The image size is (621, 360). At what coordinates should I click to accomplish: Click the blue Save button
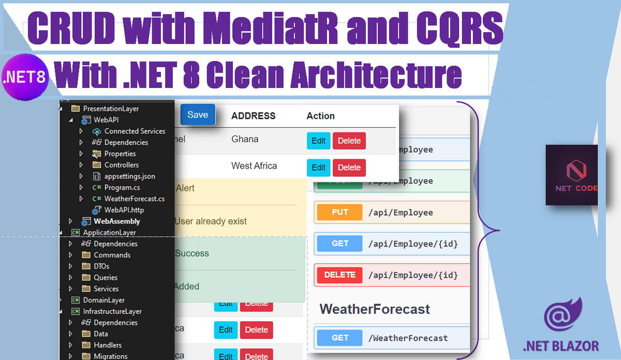(x=198, y=115)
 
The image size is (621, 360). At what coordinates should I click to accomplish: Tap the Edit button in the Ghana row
(x=318, y=141)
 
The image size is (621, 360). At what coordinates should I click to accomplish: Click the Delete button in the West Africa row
(x=349, y=168)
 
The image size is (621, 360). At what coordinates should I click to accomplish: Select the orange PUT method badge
(x=340, y=213)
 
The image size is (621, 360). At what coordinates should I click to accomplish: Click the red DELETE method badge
(x=340, y=275)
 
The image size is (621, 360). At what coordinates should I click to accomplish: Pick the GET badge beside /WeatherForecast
(x=340, y=338)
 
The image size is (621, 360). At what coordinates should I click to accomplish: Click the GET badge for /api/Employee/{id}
(x=340, y=244)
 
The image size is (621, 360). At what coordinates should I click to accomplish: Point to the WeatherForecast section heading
(x=375, y=309)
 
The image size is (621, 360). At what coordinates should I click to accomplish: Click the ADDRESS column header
(x=253, y=116)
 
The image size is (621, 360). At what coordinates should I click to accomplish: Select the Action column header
(x=320, y=116)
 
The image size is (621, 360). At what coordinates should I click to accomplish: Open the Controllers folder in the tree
(x=121, y=165)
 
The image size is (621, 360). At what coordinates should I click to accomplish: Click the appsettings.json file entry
(x=129, y=176)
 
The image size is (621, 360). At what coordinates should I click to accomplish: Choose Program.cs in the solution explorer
(x=122, y=188)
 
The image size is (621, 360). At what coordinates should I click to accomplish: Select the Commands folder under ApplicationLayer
(x=112, y=255)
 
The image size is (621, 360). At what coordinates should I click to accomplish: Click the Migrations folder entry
(x=110, y=356)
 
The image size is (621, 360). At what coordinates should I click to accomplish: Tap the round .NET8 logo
(x=25, y=78)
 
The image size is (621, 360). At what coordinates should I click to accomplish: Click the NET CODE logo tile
(x=572, y=175)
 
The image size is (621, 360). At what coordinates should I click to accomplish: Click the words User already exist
(x=211, y=221)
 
